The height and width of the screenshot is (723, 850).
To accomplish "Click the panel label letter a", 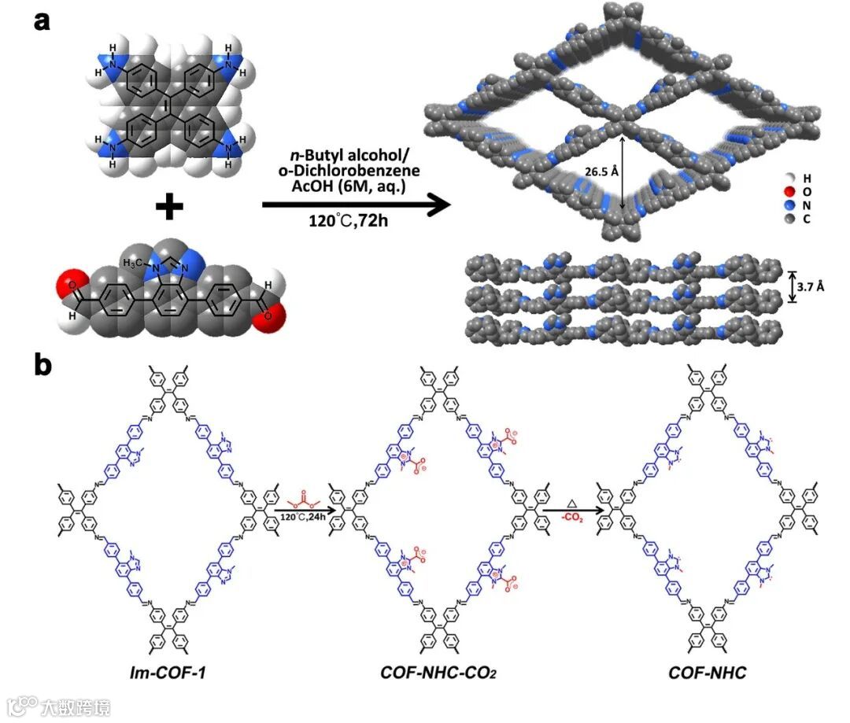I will (42, 19).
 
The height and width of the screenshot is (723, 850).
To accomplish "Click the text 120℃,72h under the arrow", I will (349, 222).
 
